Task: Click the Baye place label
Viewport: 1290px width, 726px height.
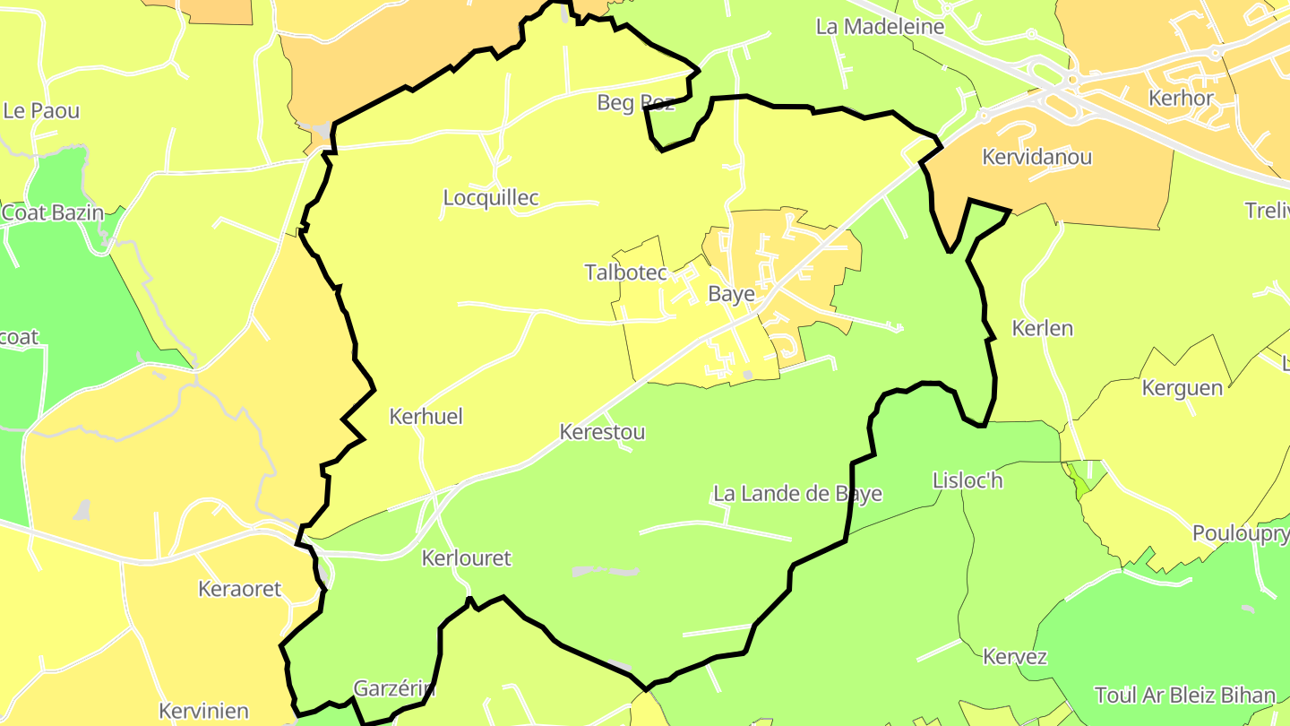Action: [x=731, y=294]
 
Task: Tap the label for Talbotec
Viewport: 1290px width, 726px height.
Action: [x=626, y=272]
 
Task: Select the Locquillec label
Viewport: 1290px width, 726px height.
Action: [x=491, y=198]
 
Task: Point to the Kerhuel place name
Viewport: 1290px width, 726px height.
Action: [x=426, y=417]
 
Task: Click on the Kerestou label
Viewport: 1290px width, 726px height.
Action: [x=602, y=432]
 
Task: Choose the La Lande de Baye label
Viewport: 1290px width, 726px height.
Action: [x=797, y=494]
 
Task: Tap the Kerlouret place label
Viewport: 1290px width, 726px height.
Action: [x=466, y=558]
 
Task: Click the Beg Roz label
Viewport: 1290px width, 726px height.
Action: [x=635, y=103]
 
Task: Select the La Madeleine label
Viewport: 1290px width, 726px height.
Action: [x=880, y=27]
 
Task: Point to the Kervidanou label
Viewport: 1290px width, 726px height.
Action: [x=1036, y=158]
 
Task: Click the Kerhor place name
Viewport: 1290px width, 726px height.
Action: [x=1181, y=99]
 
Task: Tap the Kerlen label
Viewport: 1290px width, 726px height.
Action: [x=1042, y=328]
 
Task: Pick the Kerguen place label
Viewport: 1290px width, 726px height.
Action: [x=1182, y=388]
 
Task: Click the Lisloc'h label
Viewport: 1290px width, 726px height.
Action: [x=967, y=481]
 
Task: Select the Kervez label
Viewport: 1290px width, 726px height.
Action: [x=1014, y=657]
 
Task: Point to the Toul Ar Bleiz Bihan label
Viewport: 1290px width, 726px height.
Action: [x=1184, y=696]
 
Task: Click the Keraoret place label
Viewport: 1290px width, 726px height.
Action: [x=239, y=590]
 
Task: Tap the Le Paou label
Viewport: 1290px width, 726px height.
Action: [x=41, y=111]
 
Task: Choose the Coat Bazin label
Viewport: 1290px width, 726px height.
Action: [x=52, y=213]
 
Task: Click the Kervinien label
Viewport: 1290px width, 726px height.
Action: [x=203, y=712]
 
